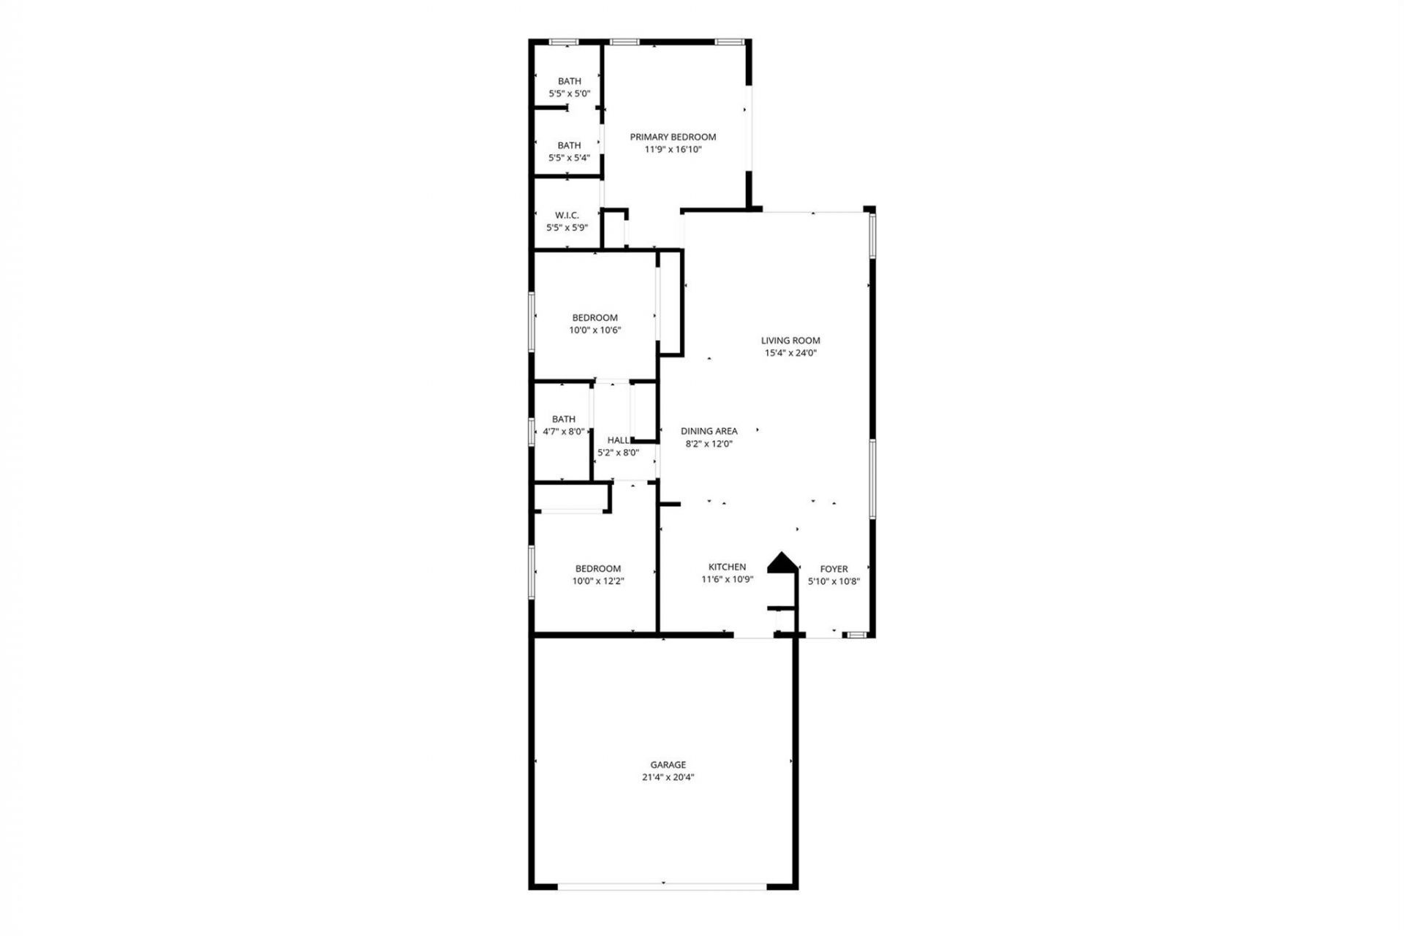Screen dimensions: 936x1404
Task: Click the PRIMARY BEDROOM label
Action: (673, 137)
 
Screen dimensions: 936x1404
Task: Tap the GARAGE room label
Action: (668, 765)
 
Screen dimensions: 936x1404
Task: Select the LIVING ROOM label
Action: (790, 340)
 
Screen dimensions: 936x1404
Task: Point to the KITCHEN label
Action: (727, 567)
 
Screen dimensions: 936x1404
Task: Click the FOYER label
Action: (834, 569)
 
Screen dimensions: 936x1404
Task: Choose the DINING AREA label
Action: (709, 431)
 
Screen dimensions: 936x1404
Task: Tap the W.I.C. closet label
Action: (567, 216)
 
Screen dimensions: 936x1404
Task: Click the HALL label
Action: (618, 440)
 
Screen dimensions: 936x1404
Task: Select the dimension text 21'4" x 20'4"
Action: (668, 777)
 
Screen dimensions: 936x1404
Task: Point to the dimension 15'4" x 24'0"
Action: (790, 352)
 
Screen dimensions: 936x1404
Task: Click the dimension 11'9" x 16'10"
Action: (673, 149)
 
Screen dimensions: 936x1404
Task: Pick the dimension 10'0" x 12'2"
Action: (598, 581)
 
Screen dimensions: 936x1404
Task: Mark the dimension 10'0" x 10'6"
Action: (595, 330)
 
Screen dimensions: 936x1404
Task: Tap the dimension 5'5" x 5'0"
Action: (570, 94)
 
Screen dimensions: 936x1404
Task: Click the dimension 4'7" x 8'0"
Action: (563, 431)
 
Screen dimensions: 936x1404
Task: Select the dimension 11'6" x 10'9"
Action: (727, 579)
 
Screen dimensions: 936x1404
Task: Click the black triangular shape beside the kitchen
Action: (782, 562)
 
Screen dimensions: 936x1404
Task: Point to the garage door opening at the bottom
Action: (663, 887)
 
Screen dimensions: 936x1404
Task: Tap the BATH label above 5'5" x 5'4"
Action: (570, 145)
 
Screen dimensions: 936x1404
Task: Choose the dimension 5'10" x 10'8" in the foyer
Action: (834, 581)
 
